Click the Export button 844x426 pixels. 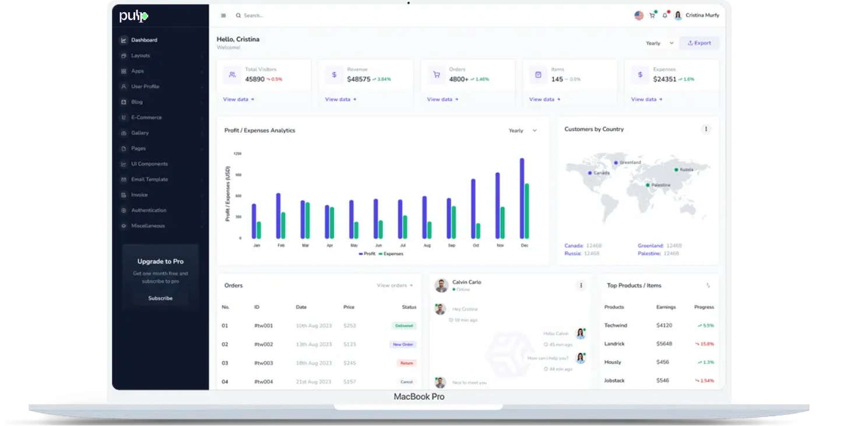(x=699, y=43)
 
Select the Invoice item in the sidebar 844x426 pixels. (x=139, y=195)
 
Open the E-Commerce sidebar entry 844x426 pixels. (x=146, y=118)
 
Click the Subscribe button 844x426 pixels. (x=160, y=299)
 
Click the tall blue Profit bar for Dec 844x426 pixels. (x=522, y=198)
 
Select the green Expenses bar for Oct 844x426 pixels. (x=478, y=231)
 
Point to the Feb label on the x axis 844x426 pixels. (x=281, y=246)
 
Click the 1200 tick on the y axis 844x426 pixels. (x=237, y=154)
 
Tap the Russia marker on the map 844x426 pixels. (x=677, y=170)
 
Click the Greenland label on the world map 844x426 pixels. (x=630, y=162)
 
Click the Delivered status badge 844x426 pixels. (x=404, y=326)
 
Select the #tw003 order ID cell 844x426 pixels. (x=263, y=363)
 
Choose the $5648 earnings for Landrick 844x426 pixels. (x=664, y=344)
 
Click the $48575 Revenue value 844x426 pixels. (x=358, y=79)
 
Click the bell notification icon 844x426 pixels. (x=664, y=16)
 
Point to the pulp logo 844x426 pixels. (x=133, y=16)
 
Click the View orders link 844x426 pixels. (x=395, y=286)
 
